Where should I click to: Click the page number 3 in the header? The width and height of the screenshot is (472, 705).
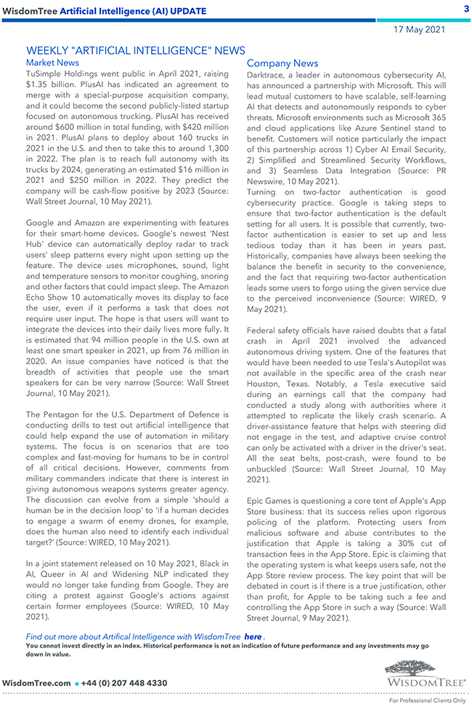(x=465, y=9)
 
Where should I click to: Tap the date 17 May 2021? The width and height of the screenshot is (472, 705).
(x=419, y=30)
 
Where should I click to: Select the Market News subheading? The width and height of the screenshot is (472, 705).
(x=52, y=63)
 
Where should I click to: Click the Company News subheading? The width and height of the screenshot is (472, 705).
(x=282, y=64)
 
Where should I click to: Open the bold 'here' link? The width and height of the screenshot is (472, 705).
(x=253, y=637)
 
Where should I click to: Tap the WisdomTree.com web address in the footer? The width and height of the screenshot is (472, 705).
(x=37, y=683)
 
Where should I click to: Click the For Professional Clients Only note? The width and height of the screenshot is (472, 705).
(x=427, y=700)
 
